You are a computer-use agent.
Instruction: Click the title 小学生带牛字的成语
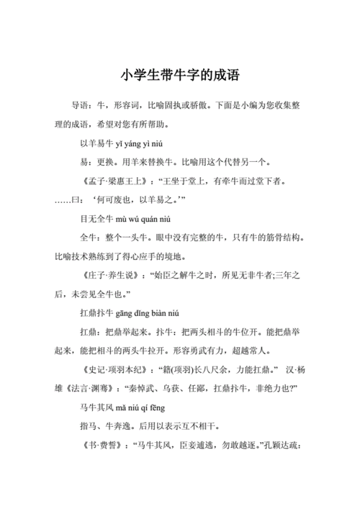pos(179,75)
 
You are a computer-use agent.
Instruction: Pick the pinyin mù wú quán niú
pos(143,218)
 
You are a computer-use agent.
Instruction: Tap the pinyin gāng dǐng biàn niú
pos(148,312)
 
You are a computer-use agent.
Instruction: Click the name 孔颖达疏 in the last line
pos(284,445)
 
